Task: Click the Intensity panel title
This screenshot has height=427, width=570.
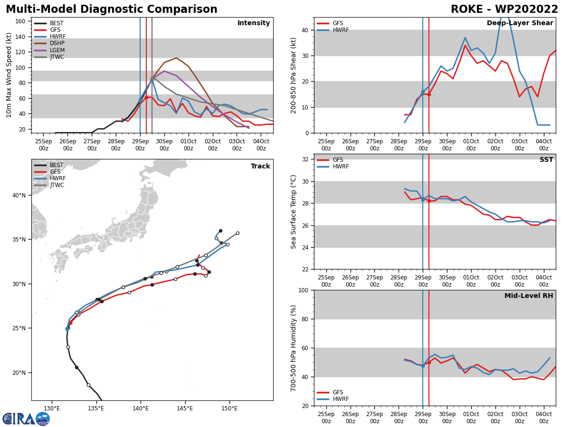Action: [x=254, y=23]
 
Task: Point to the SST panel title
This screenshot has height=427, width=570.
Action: [x=546, y=160]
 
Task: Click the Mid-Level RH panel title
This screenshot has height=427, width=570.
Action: [x=529, y=296]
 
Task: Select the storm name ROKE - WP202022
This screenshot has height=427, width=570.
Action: [x=504, y=9]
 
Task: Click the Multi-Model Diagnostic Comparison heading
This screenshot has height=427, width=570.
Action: [x=112, y=9]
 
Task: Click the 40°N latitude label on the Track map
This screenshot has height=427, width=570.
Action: [x=18, y=195]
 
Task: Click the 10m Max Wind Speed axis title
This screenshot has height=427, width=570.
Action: [x=9, y=75]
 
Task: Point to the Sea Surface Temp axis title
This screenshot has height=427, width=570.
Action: [x=294, y=212]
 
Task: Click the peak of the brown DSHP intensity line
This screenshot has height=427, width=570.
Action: [x=176, y=58]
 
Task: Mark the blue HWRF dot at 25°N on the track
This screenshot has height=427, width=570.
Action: [x=67, y=328]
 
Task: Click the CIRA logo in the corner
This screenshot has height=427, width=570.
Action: [x=26, y=418]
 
